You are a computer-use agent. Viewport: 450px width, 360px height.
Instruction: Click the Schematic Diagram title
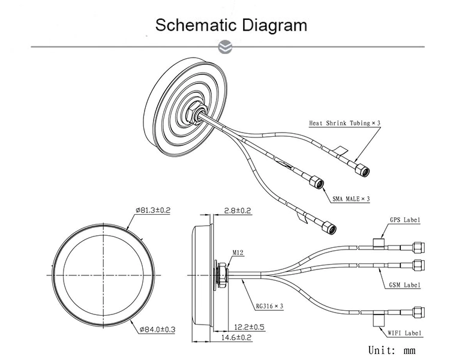(231, 25)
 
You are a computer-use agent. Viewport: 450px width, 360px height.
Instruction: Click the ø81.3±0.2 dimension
(153, 211)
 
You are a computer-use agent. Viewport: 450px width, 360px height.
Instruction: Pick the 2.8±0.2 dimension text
(237, 211)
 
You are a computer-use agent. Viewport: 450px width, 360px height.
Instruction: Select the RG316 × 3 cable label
(269, 305)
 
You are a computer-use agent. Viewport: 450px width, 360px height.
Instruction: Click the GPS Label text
(405, 220)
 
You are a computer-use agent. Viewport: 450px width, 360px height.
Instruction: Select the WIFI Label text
(405, 332)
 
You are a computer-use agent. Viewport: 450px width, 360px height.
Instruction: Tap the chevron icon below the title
(225, 46)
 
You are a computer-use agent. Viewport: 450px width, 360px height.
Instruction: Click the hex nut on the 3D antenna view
(196, 112)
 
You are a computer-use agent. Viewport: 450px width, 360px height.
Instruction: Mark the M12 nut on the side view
(221, 275)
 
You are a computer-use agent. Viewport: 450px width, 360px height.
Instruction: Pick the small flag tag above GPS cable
(379, 242)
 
